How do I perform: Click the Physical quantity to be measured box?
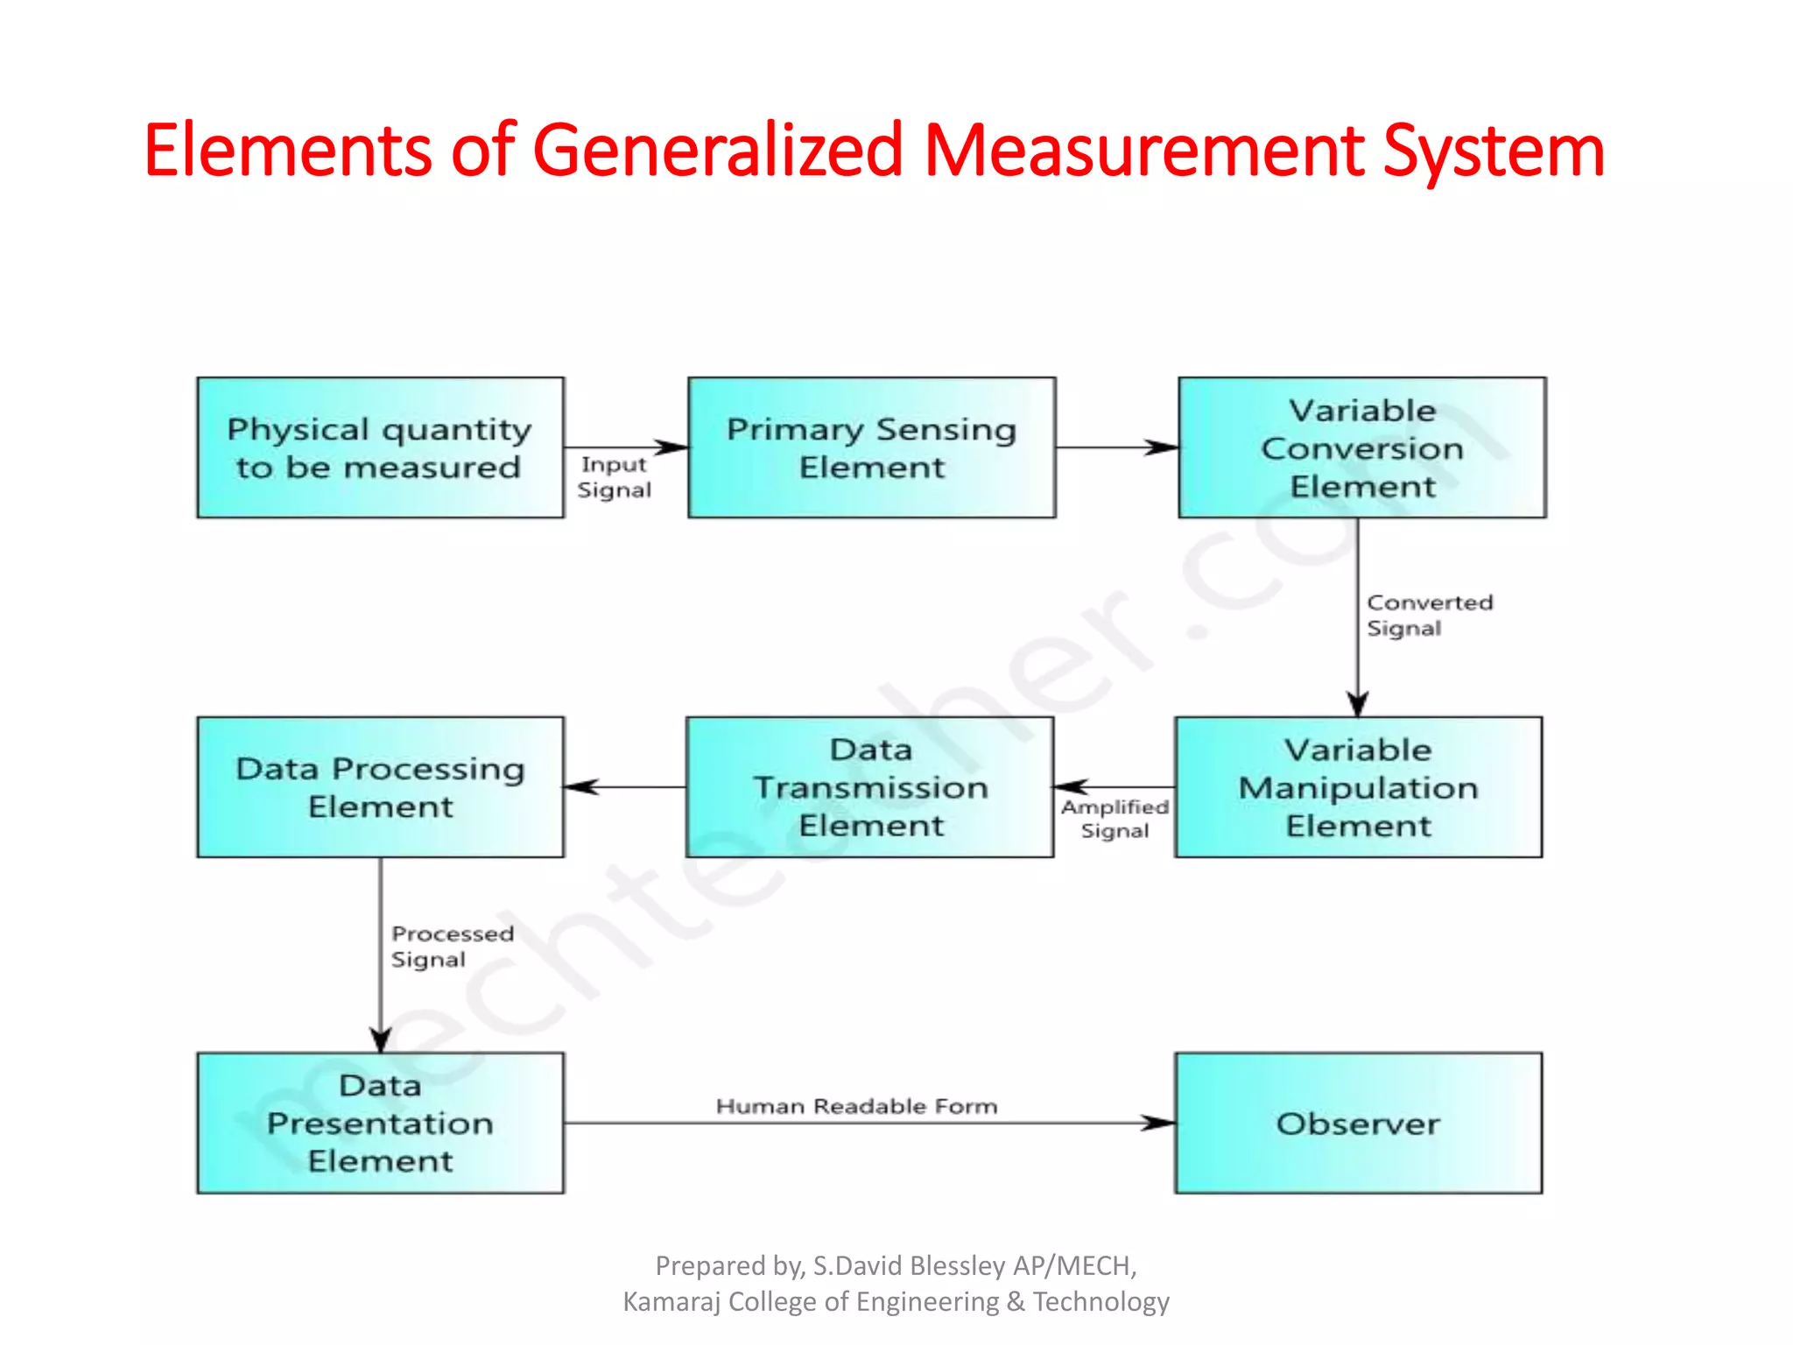[x=380, y=447]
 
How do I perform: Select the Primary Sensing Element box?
[x=871, y=447]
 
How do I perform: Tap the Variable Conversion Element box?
[x=1361, y=447]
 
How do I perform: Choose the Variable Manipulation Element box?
[x=1358, y=787]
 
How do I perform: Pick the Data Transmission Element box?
[x=869, y=787]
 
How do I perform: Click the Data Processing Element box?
[x=380, y=787]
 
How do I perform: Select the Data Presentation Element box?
[x=380, y=1123]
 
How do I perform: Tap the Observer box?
[x=1358, y=1123]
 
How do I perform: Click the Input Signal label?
[x=614, y=477]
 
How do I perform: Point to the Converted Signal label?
[x=1429, y=615]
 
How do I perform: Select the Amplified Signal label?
[x=1114, y=818]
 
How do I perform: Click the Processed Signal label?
[x=452, y=946]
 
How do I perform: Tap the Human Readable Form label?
[x=856, y=1106]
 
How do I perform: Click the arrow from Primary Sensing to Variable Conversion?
[x=1116, y=447]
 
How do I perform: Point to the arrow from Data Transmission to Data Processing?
[x=625, y=787]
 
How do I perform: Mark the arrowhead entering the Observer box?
[x=1160, y=1123]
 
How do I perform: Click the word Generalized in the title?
[x=717, y=151]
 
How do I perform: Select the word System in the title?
[x=1493, y=151]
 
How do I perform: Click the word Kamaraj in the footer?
[x=671, y=1302]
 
